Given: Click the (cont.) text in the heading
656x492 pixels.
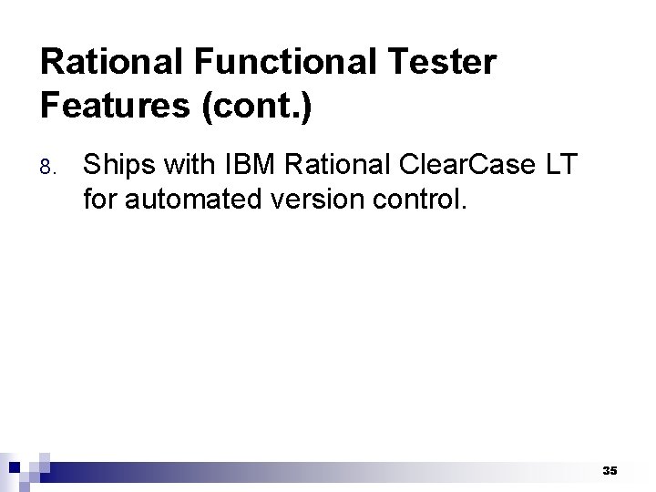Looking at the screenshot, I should [x=256, y=106].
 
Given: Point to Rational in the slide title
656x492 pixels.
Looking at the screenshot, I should [x=113, y=63].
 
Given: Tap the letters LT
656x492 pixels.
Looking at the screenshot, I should [x=559, y=166].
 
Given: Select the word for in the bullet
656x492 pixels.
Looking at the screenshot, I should [x=100, y=199].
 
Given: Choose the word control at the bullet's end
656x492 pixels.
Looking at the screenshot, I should [x=424, y=199].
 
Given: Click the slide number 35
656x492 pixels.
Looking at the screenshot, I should [x=610, y=470].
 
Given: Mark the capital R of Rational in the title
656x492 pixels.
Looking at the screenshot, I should [x=52, y=63].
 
